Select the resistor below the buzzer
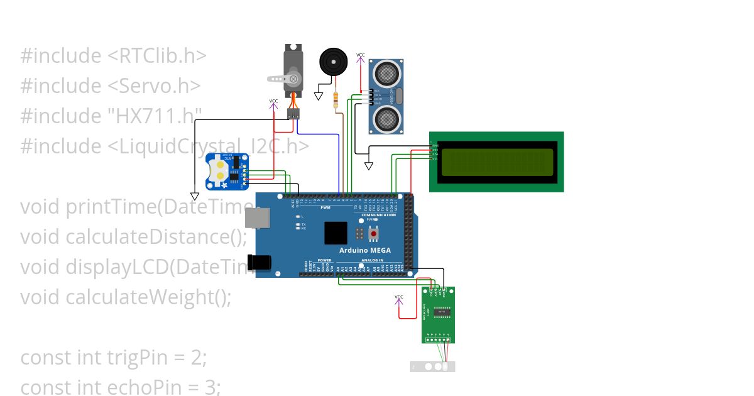pyautogui.click(x=336, y=99)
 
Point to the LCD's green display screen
pyautogui.click(x=496, y=162)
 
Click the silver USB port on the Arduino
pyautogui.click(x=257, y=217)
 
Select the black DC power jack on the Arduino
pyautogui.click(x=258, y=262)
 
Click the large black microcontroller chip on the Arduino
pyautogui.click(x=336, y=233)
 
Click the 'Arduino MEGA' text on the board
pyautogui.click(x=364, y=250)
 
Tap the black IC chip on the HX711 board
pyautogui.click(x=442, y=311)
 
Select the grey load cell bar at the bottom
pyautogui.click(x=432, y=366)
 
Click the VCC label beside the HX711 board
pyautogui.click(x=399, y=297)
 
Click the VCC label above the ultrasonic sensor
pyautogui.click(x=360, y=55)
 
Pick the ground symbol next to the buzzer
pyautogui.click(x=319, y=96)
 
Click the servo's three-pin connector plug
pyautogui.click(x=293, y=114)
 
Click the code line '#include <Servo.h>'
pyautogui.click(x=111, y=85)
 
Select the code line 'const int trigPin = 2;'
pyautogui.click(x=114, y=357)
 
